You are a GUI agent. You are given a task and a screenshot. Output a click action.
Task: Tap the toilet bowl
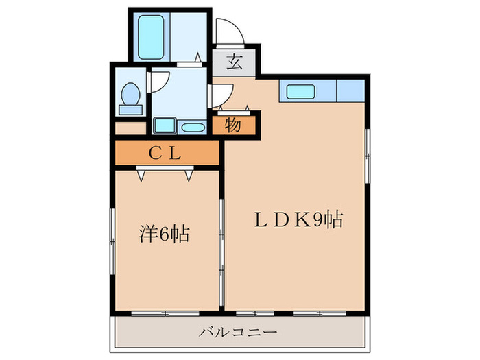[130, 93]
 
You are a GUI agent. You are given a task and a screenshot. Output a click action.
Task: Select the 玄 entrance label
[234, 62]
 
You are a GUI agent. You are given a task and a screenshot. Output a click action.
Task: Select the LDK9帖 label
[299, 221]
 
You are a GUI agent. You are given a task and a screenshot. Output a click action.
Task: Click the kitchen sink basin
[300, 91]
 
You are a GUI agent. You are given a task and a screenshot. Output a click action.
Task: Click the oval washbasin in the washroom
[193, 127]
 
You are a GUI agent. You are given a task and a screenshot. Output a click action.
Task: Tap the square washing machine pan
[165, 125]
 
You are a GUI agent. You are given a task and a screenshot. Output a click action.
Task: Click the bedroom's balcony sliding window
[165, 313]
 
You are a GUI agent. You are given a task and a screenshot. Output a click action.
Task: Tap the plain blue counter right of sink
[350, 91]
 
